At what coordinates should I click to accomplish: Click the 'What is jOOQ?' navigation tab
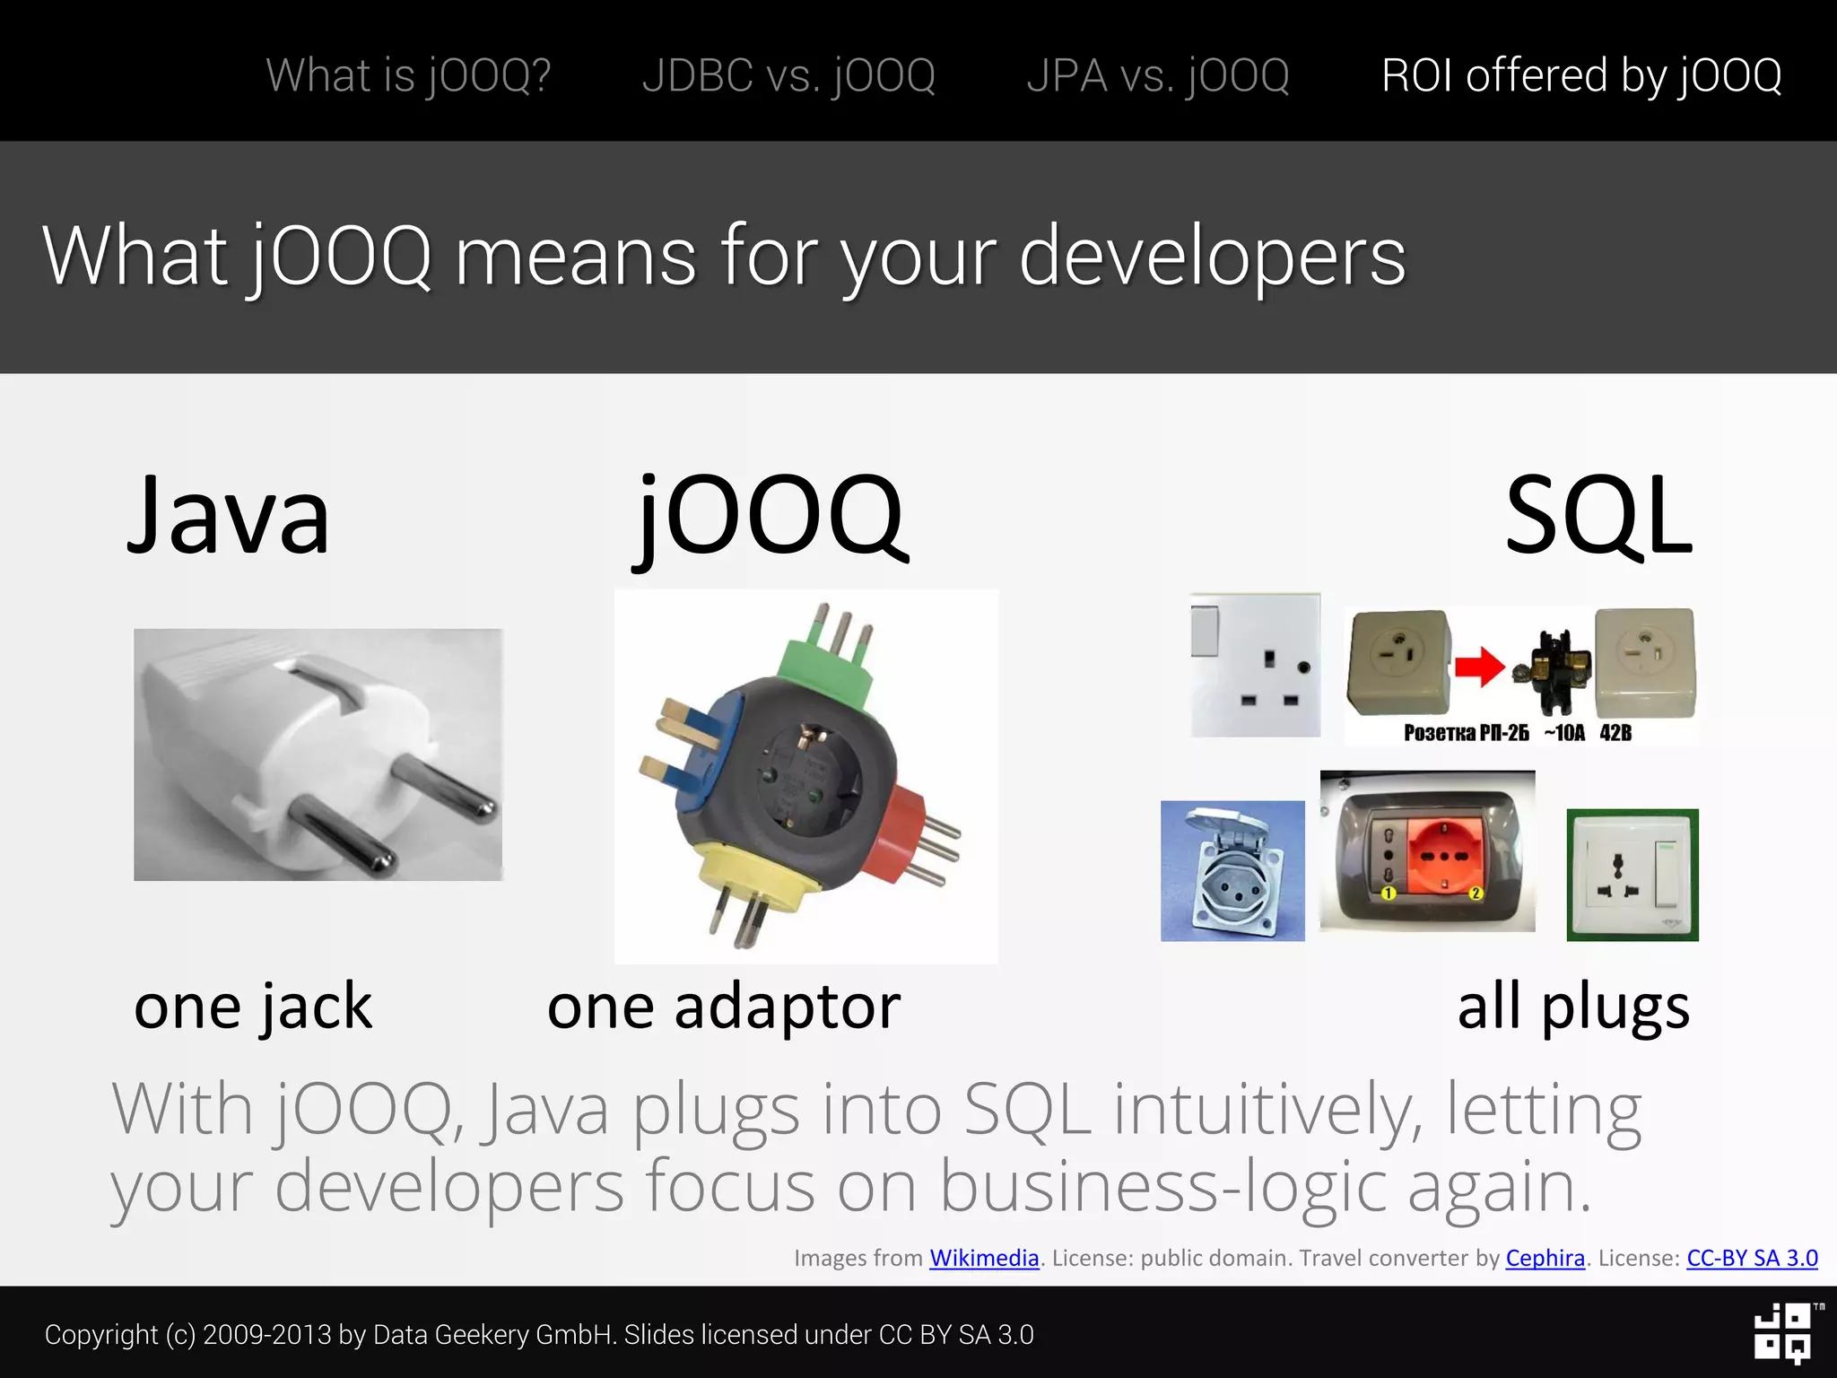click(x=408, y=75)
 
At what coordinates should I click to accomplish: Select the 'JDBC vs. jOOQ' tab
click(x=788, y=75)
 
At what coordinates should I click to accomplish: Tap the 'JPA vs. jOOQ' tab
click(x=1158, y=75)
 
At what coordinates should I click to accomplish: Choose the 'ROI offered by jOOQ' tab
click(x=1581, y=75)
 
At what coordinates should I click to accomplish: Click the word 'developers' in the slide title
click(x=1212, y=257)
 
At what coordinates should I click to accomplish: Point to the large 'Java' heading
click(x=229, y=516)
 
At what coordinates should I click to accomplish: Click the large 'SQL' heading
click(x=1598, y=516)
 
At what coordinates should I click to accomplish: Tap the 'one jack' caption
click(x=253, y=1007)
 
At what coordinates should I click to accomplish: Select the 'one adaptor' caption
click(x=723, y=1007)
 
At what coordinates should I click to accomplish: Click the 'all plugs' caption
click(x=1573, y=1007)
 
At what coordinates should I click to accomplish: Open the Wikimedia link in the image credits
click(x=984, y=1258)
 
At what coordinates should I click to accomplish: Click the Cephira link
click(x=1545, y=1258)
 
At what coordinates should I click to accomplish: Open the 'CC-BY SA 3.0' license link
click(x=1752, y=1258)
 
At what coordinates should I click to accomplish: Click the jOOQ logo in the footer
click(x=1782, y=1333)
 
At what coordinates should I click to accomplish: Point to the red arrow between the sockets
click(x=1479, y=667)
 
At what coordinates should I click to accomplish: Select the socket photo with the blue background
click(x=1232, y=870)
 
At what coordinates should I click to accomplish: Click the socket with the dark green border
click(x=1632, y=875)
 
